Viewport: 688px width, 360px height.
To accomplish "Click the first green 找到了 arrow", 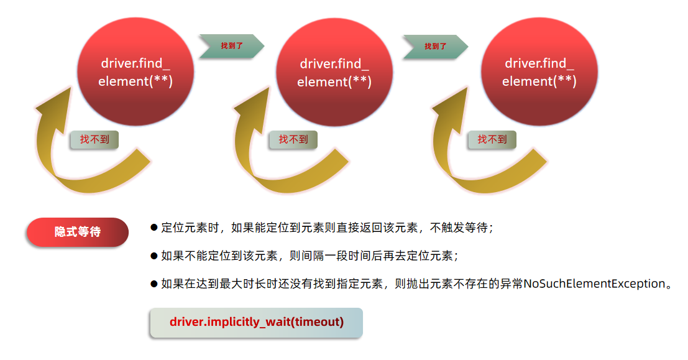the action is [x=231, y=46].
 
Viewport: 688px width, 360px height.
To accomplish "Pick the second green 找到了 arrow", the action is [x=435, y=46].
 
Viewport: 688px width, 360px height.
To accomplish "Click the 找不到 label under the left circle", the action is [x=94, y=139].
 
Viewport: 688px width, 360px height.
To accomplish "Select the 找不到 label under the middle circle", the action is [x=293, y=139].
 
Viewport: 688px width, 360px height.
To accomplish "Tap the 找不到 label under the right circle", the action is [x=492, y=139].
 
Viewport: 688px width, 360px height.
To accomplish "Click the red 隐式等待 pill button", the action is [x=78, y=232].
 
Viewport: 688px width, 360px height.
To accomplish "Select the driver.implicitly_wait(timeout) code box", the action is [x=256, y=322].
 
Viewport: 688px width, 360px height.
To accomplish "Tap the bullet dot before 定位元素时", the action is [x=154, y=228].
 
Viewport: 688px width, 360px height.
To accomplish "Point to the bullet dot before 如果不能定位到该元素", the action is [x=154, y=256].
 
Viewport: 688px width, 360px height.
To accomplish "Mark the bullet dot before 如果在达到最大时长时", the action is [x=154, y=284].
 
